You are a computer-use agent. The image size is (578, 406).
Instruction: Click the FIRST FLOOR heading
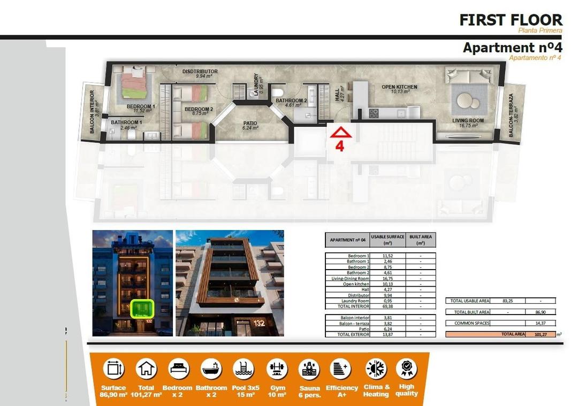511,20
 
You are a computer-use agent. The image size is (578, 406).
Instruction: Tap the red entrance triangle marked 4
339,132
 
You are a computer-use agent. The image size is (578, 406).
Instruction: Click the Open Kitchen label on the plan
399,87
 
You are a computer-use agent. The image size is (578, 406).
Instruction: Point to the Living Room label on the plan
468,121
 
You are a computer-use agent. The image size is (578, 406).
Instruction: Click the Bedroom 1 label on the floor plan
141,106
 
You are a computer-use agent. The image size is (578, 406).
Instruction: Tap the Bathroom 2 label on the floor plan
291,101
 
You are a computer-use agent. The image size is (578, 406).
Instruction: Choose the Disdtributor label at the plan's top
200,71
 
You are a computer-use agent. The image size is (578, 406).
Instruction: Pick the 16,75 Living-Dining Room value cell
387,278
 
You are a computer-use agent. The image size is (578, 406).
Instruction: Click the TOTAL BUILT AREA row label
471,312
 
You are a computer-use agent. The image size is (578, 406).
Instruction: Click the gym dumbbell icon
277,369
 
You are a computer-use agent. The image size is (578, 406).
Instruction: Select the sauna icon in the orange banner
309,369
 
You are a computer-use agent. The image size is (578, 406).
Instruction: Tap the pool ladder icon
244,369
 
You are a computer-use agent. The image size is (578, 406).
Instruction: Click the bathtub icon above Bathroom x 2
211,369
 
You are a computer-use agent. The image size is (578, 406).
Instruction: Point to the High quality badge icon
406,368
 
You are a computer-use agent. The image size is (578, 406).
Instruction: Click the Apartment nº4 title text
512,47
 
